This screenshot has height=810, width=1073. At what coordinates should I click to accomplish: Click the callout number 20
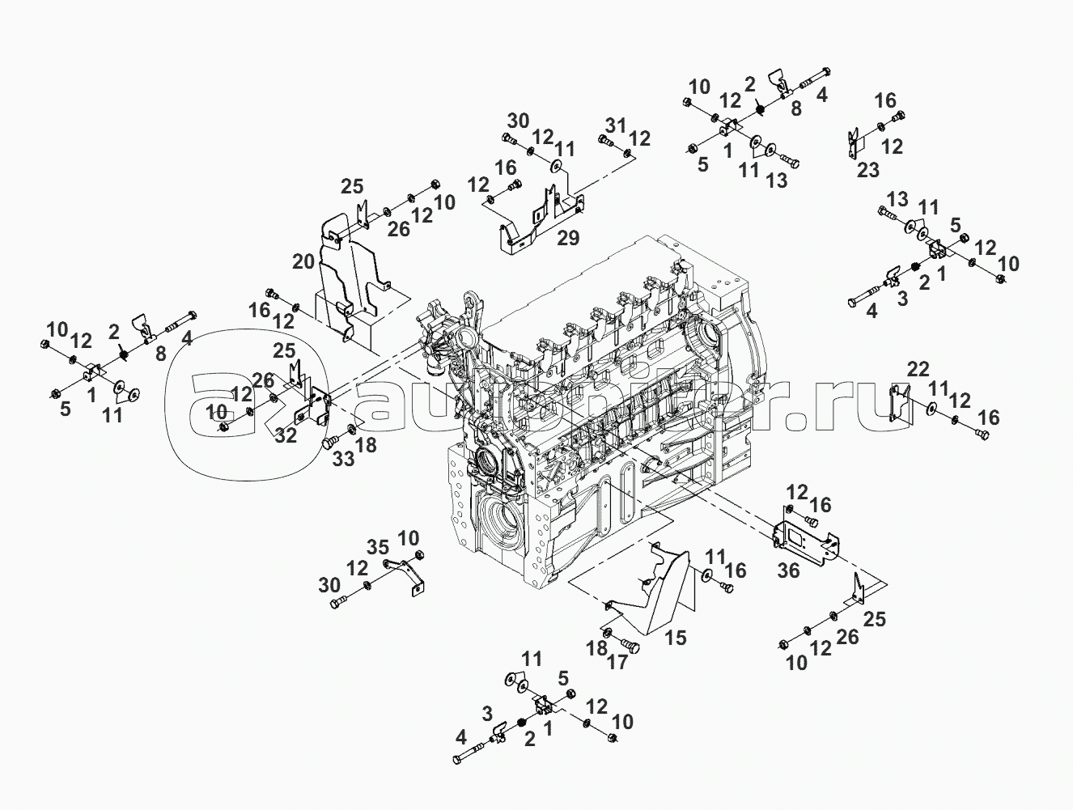tap(303, 261)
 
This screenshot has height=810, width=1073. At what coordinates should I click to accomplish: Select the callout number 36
tap(788, 570)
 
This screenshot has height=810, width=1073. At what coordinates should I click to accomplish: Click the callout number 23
tap(867, 169)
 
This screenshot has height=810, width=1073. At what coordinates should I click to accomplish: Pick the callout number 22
tap(918, 369)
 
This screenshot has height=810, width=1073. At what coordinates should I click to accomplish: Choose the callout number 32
tap(285, 435)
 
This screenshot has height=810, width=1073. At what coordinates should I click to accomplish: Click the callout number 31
tap(617, 125)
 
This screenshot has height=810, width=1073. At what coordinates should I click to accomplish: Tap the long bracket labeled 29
tap(534, 223)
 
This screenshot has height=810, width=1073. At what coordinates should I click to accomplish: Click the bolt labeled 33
tap(329, 443)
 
